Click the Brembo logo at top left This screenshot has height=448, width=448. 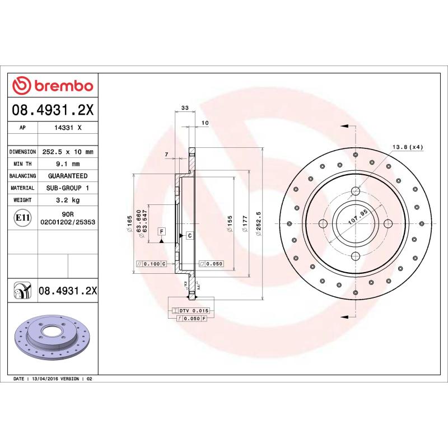pyautogui.click(x=53, y=86)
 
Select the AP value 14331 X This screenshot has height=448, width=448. pyautogui.click(x=67, y=128)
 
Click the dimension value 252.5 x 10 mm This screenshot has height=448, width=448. pyautogui.click(x=67, y=152)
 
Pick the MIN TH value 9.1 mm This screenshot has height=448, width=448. pyautogui.click(x=67, y=164)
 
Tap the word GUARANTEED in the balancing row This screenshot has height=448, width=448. pyautogui.click(x=67, y=176)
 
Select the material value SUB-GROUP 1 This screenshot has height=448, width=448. pyautogui.click(x=67, y=188)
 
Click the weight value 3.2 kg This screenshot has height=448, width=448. pyautogui.click(x=67, y=200)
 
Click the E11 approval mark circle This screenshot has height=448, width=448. pyautogui.click(x=22, y=217)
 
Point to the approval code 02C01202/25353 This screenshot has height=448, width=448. pyautogui.click(x=67, y=222)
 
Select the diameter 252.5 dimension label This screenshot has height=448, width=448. pyautogui.click(x=259, y=224)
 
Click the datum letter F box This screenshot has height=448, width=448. pyautogui.click(x=161, y=231)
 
